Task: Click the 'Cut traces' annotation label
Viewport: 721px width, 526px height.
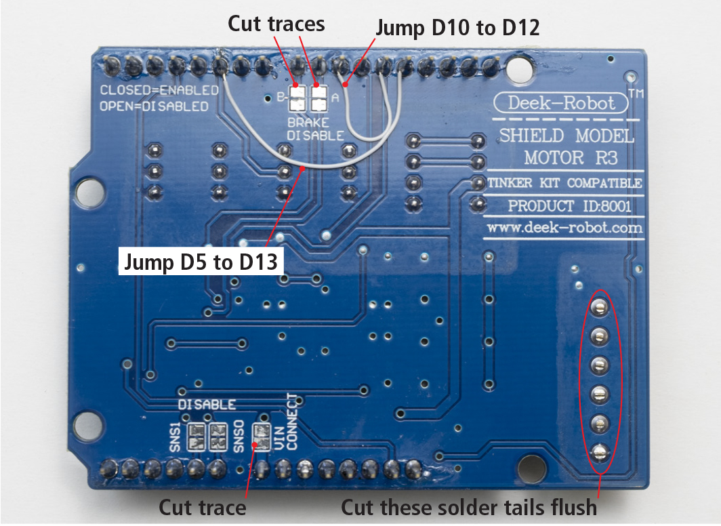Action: pyautogui.click(x=276, y=24)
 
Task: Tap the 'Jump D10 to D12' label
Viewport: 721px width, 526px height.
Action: pyautogui.click(x=457, y=28)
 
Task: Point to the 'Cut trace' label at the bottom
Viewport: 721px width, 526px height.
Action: pyautogui.click(x=202, y=507)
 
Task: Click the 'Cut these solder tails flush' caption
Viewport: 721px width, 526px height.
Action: pyautogui.click(x=469, y=507)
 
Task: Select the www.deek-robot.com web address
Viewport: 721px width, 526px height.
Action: pyautogui.click(x=564, y=228)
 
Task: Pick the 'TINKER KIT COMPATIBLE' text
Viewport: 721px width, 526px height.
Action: pyautogui.click(x=564, y=183)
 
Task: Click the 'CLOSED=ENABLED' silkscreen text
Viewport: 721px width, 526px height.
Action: pyautogui.click(x=159, y=90)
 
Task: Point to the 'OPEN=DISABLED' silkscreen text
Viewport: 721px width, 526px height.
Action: pyautogui.click(x=154, y=106)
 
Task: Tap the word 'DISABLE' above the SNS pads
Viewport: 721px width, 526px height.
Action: pyautogui.click(x=207, y=405)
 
